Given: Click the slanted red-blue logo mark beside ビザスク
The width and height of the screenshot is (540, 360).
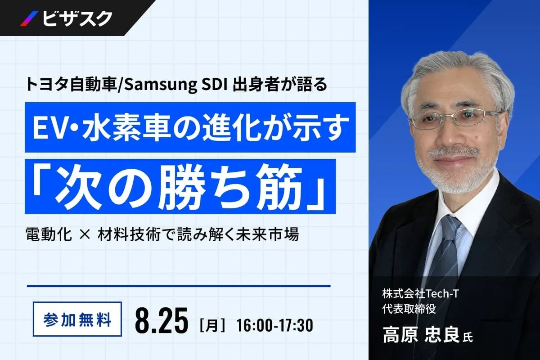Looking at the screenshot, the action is coord(29,18).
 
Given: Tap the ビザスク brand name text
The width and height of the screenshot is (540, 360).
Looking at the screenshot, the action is coord(77,18).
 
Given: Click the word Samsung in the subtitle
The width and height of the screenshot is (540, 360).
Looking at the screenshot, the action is coord(161,85).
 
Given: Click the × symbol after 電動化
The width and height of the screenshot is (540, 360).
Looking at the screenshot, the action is coord(85,234).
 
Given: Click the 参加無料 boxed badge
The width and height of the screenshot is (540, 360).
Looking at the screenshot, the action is coord(77,319).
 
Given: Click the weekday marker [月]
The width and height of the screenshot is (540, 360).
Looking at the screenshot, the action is coord(212,325).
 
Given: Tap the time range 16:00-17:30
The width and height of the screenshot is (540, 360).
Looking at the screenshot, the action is coord(274,325).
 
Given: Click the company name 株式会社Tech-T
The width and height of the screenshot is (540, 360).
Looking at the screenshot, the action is coord(420,294).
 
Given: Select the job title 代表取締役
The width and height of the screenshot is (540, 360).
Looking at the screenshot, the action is coord(409,309).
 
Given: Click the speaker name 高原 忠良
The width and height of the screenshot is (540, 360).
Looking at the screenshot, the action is coord(421,334).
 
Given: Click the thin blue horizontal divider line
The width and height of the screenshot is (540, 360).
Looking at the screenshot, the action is coord(179,286).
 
